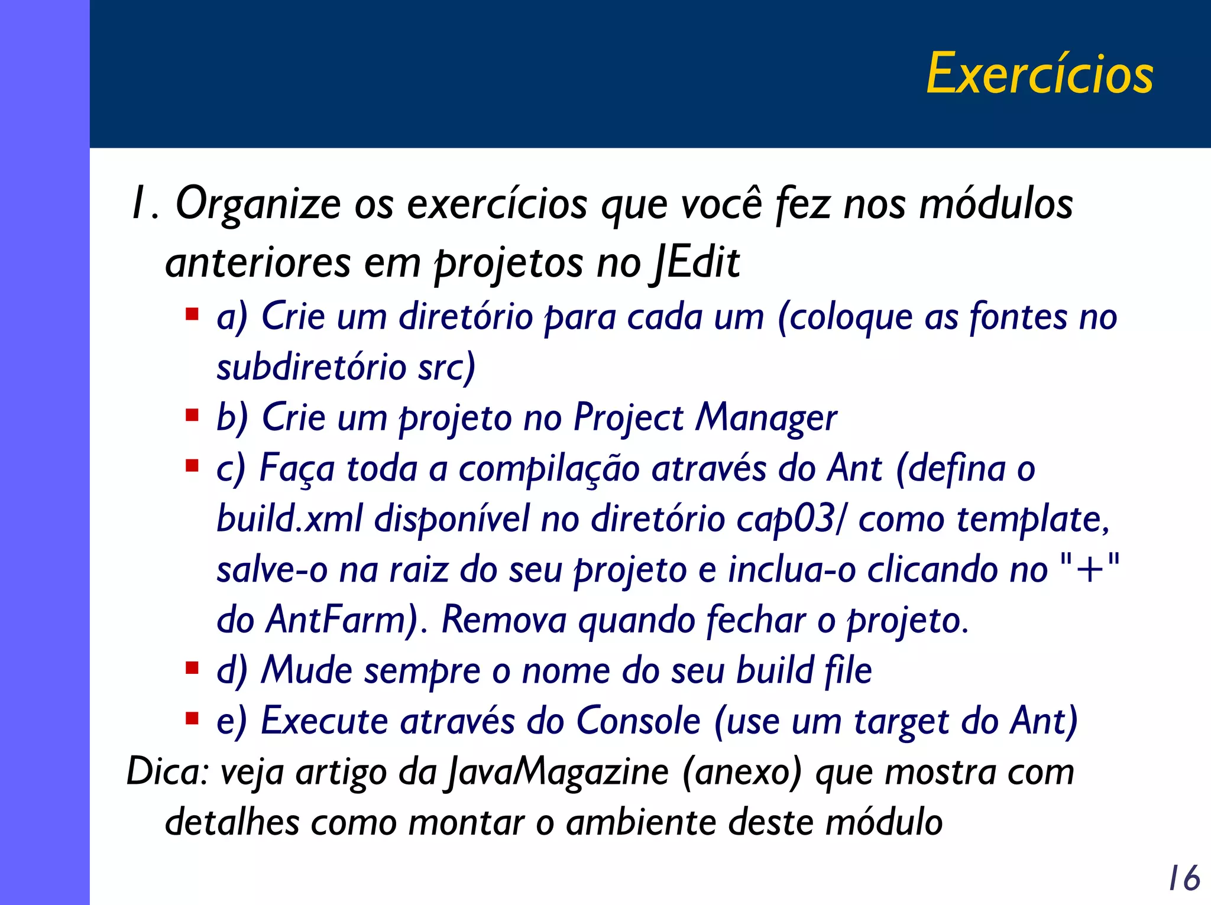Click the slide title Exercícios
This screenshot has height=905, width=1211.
click(1039, 74)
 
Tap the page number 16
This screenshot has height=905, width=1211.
click(1184, 878)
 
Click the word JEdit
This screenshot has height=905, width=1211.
click(696, 262)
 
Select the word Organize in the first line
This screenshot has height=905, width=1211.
click(258, 204)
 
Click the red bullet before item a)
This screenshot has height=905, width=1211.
click(192, 313)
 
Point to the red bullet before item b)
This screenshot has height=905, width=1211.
click(192, 415)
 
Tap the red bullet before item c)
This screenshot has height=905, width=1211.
click(192, 466)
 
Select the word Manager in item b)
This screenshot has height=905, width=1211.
click(766, 418)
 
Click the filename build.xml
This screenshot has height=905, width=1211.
click(290, 519)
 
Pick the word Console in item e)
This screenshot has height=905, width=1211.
click(638, 721)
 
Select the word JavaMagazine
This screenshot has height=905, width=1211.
click(558, 772)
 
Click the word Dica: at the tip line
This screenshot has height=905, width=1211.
click(167, 772)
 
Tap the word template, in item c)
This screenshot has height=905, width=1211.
click(1032, 519)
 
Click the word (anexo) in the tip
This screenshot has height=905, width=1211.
click(742, 772)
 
